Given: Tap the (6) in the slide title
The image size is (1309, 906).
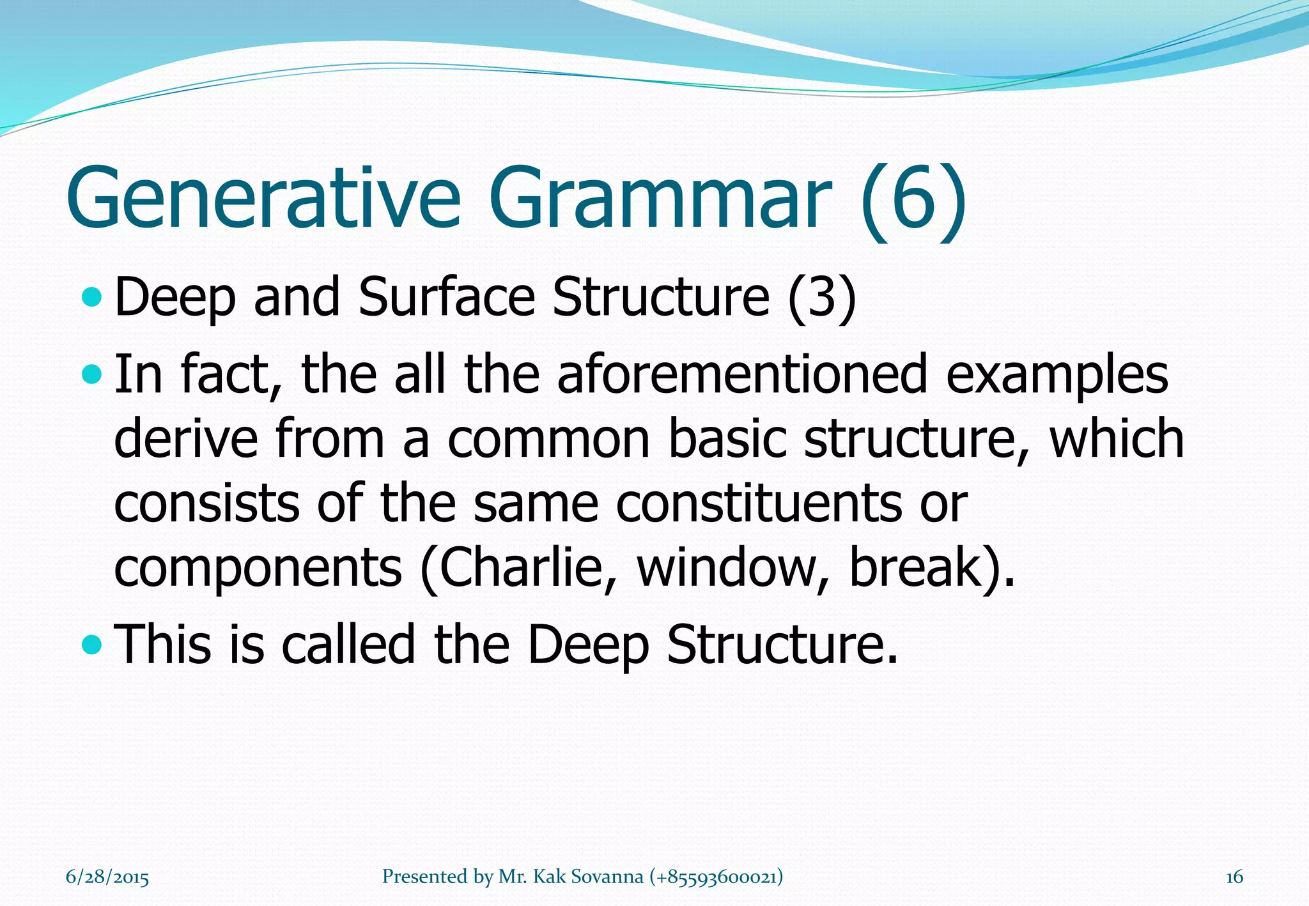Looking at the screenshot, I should pyautogui.click(x=913, y=199).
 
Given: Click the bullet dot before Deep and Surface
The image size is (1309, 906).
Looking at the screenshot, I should pyautogui.click(x=93, y=296).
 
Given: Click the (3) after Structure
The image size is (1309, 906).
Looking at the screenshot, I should pyautogui.click(x=821, y=298).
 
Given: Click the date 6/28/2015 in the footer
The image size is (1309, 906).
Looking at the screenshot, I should pyautogui.click(x=107, y=877).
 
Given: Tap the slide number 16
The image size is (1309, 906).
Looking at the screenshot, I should pyautogui.click(x=1234, y=877).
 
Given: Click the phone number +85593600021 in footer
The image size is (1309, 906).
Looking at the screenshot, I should pyautogui.click(x=716, y=877).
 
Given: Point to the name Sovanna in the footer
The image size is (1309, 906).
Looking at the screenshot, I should pyautogui.click(x=607, y=877).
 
